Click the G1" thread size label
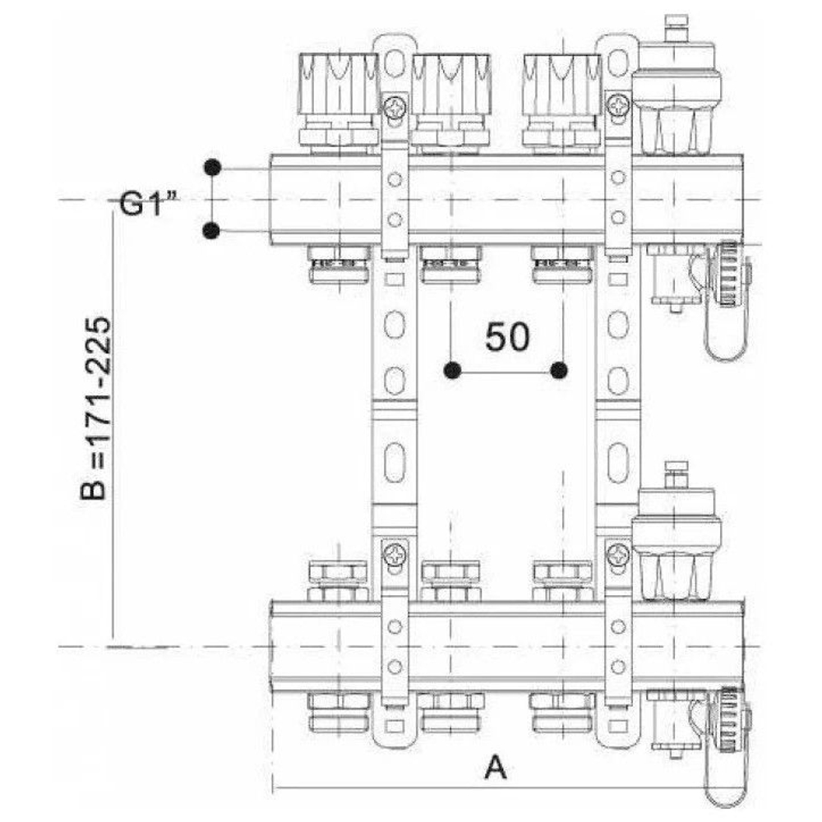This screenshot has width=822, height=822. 148,203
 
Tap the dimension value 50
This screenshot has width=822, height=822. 507,336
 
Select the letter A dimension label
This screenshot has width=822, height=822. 496,768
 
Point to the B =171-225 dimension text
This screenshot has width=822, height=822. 96,409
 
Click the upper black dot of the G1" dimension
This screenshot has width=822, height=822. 212,168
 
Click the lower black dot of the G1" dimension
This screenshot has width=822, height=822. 211,230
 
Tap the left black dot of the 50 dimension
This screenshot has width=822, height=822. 452,371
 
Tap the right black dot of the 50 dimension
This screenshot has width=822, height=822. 559,371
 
